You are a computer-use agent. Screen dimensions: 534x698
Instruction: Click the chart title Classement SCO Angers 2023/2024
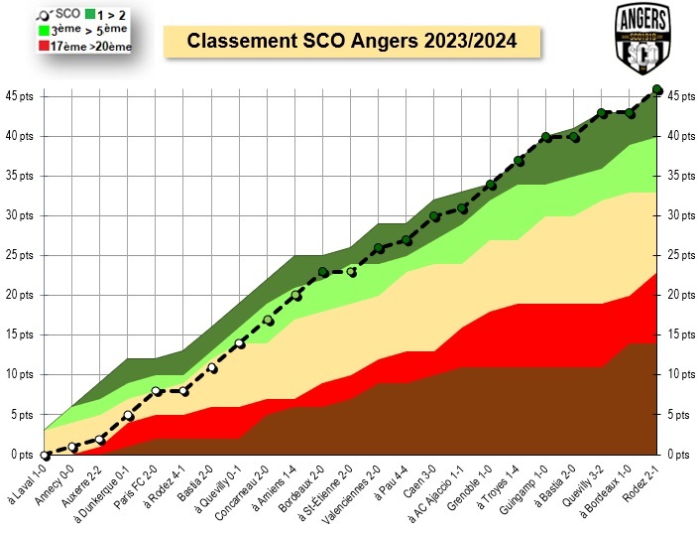(352, 43)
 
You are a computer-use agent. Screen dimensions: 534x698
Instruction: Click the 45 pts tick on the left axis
(20, 96)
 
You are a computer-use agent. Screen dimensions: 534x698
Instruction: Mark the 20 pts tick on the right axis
(679, 295)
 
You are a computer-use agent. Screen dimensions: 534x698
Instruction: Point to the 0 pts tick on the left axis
(20, 455)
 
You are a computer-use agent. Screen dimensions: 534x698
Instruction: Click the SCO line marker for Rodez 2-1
(657, 89)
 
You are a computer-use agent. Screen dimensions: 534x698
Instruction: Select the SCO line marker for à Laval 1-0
(45, 455)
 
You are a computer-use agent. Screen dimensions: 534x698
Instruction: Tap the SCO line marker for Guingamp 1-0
(546, 136)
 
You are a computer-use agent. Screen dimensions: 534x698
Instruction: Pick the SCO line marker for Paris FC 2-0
(156, 391)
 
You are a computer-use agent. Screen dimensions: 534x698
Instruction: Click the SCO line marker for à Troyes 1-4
(519, 160)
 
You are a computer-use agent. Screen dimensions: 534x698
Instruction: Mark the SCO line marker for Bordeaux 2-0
(323, 271)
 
